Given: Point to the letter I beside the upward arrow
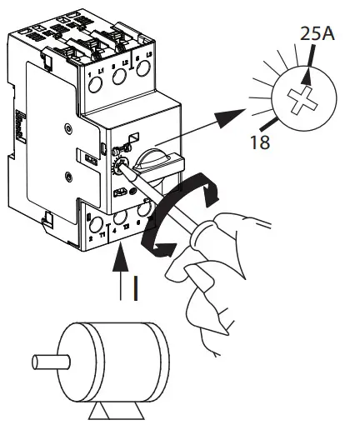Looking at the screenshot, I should tap(136, 287).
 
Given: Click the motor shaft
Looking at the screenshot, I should tap(51, 362).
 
